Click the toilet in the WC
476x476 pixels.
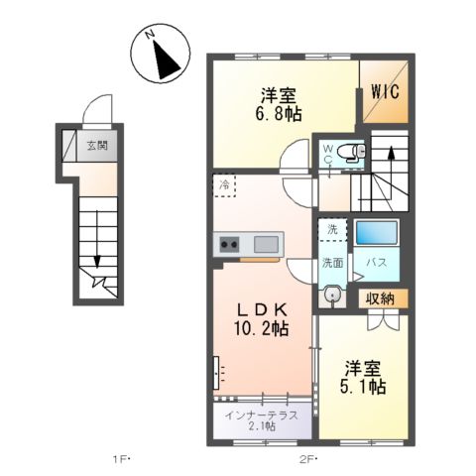click(350, 152)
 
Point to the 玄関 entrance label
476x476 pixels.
click(95, 145)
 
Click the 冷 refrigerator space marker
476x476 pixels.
click(225, 184)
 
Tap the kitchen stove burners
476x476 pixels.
click(229, 244)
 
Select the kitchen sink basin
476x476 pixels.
click(266, 244)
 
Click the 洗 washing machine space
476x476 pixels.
click(331, 228)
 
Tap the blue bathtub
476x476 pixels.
click(376, 234)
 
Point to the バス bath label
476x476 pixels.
click(377, 263)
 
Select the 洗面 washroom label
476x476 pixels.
click(331, 263)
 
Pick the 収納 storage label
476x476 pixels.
click(382, 297)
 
